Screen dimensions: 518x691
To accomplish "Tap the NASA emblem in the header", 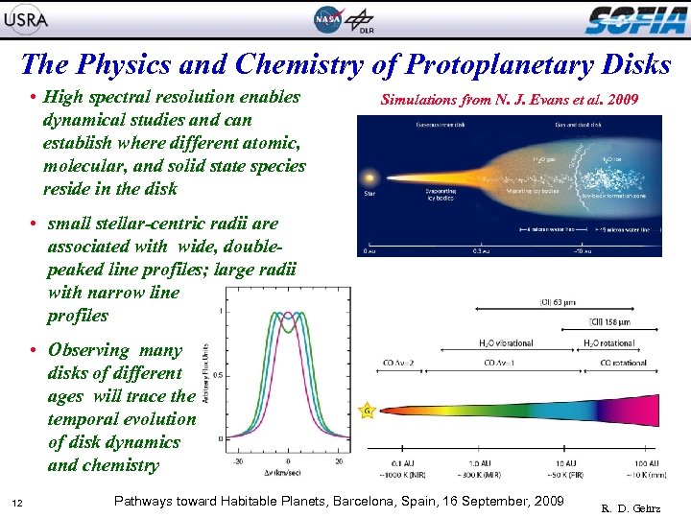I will (x=326, y=19).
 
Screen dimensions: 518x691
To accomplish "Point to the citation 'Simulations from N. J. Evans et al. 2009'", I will (x=509, y=99).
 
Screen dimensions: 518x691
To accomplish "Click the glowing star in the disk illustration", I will (x=368, y=179).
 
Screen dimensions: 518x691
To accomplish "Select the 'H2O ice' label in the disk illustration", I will (x=611, y=160).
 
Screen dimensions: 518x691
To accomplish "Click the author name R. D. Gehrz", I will (x=635, y=507).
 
